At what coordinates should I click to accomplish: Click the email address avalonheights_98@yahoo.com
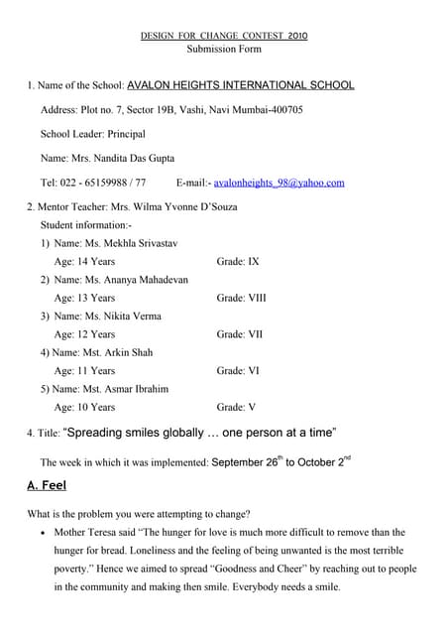click(x=280, y=183)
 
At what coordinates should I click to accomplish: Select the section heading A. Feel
click(x=47, y=486)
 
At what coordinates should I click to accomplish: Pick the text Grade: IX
click(x=238, y=262)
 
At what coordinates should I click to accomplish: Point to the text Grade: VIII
click(x=241, y=298)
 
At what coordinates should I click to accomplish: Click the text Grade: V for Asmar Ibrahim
click(x=236, y=407)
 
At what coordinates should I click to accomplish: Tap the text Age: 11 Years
click(x=84, y=371)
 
